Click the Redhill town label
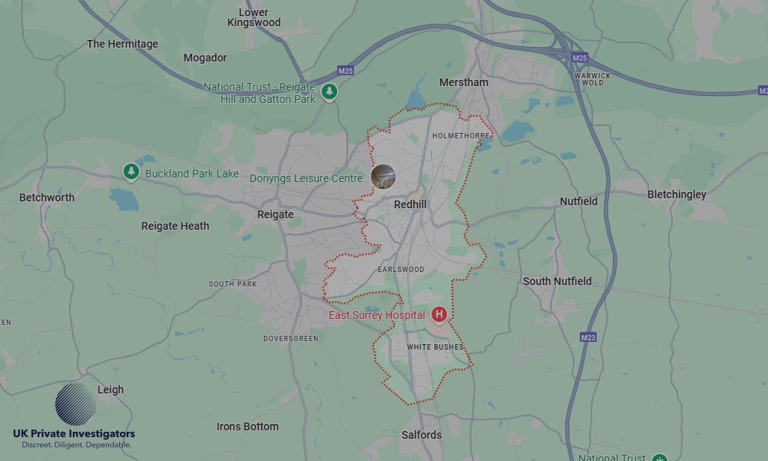(x=410, y=204)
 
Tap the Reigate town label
(x=276, y=214)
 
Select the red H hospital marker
(x=439, y=314)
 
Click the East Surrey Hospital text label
(x=376, y=315)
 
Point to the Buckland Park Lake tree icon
(x=131, y=172)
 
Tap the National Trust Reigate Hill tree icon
(x=329, y=91)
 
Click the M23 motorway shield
(x=588, y=337)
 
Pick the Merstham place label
(x=463, y=82)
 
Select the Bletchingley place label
(x=677, y=194)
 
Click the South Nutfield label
(x=558, y=281)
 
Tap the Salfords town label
(x=422, y=435)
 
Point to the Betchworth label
(x=47, y=197)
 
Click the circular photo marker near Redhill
(x=383, y=176)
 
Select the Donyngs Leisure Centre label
(x=306, y=178)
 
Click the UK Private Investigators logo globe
(x=75, y=404)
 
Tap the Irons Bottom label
(x=247, y=426)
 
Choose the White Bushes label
(x=435, y=347)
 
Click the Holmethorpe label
(x=461, y=136)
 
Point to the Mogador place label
(x=205, y=58)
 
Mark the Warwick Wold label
(x=593, y=79)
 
